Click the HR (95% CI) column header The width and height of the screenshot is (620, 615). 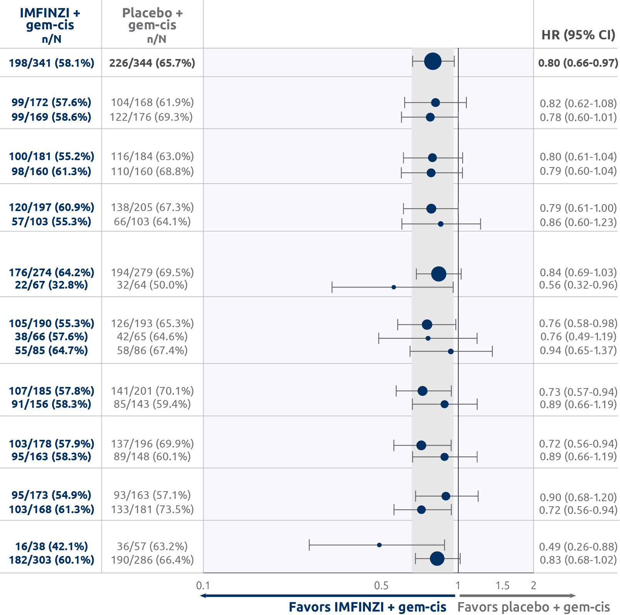578,35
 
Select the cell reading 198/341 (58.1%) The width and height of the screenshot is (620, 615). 51,63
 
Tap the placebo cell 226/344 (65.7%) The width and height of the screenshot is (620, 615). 152,63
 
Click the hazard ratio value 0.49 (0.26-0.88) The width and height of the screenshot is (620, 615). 578,546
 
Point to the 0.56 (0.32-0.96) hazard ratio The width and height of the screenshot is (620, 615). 578,285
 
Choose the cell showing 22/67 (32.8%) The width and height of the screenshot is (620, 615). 51,285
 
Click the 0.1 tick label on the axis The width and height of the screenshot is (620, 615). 203,586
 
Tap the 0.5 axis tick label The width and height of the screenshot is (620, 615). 381,586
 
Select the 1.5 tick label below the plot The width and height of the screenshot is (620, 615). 502,586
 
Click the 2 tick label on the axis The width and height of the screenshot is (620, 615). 533,586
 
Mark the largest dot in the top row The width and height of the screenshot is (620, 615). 432,61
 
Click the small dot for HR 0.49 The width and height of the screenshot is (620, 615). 379,545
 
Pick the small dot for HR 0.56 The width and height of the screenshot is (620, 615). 394,287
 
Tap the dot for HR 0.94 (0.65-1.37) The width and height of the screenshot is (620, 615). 451,351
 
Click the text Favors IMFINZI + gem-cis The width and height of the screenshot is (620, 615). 367,607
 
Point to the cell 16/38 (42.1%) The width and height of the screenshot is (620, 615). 51,546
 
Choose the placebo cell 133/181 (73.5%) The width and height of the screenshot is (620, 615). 152,509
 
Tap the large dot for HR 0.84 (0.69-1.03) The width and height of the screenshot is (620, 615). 439,274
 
